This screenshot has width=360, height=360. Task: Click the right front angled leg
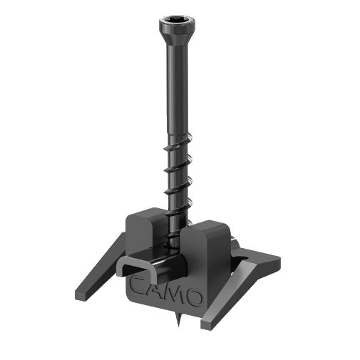235,292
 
